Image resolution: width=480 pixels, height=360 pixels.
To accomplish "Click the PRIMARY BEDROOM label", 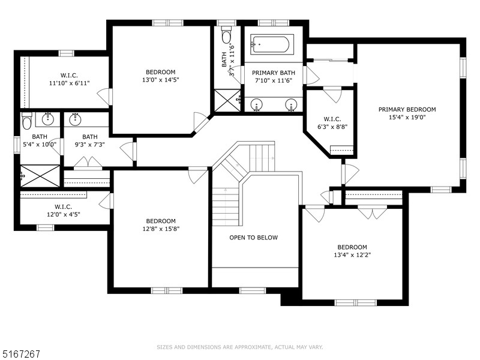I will coord(407,109).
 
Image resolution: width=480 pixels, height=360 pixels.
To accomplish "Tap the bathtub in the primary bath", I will coord(272,44).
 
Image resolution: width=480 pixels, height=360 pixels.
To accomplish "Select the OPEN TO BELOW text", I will coord(254,238).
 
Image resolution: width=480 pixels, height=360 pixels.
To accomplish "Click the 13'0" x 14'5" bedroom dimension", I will coord(160,80).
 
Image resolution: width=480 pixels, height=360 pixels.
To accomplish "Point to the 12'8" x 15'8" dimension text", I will coord(161,229).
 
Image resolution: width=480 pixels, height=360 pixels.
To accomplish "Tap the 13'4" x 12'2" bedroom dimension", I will coord(352,255).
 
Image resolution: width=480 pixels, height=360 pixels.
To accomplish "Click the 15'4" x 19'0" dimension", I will coord(407,118).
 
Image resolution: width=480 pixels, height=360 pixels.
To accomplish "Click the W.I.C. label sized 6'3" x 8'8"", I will coord(332,119).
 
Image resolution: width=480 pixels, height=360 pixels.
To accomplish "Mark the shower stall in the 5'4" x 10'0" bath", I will coord(40,176).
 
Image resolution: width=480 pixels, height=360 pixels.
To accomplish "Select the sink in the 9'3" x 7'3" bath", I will coord(74,119).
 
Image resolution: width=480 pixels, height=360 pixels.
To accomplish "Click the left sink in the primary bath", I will coord(257,104).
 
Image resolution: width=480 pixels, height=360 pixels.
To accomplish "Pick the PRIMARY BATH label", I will coord(273,73).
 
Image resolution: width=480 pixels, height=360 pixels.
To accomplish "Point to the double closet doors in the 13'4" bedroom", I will coord(372,212).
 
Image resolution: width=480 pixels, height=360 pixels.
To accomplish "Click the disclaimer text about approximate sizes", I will coord(240,347).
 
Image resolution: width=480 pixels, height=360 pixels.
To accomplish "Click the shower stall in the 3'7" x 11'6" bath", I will coord(227,100).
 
